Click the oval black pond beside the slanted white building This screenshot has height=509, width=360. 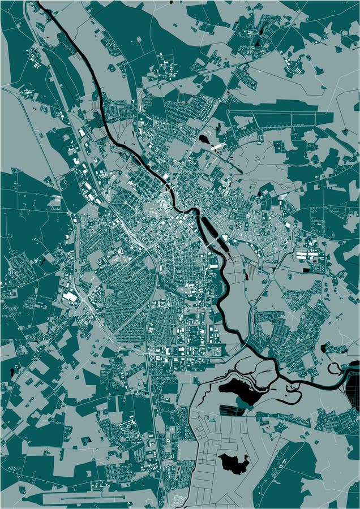pyautogui.click(x=204, y=139)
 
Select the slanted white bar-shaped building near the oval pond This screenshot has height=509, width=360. pyautogui.click(x=218, y=147)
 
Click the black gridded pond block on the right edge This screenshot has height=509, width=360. pyautogui.click(x=353, y=390)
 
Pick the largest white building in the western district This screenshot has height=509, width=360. pyautogui.click(x=70, y=296)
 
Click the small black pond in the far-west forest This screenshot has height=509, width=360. pyautogui.click(x=12, y=372)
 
